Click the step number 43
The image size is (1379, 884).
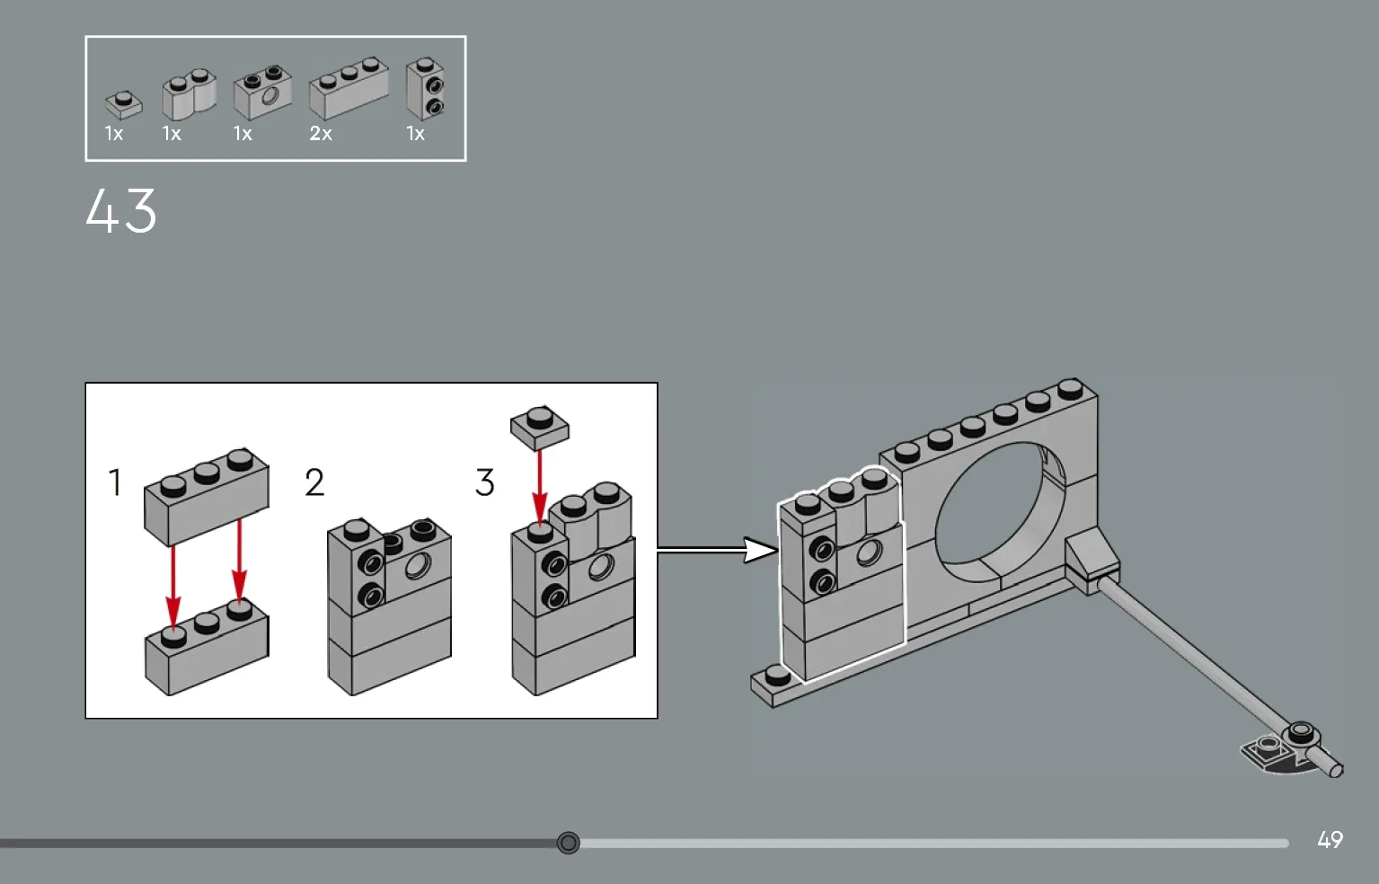[x=121, y=212]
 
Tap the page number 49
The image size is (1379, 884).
[x=1330, y=840]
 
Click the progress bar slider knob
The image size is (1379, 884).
[x=568, y=843]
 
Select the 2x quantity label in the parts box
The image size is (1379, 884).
[x=321, y=134]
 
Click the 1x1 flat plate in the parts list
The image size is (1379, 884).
[x=124, y=105]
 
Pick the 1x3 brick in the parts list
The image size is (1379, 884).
[x=349, y=88]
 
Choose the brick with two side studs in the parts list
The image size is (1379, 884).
[x=425, y=90]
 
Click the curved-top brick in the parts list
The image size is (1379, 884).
[x=189, y=95]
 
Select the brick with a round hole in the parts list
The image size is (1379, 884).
[x=262, y=93]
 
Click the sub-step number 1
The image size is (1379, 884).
[x=115, y=482]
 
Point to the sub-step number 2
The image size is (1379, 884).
[x=314, y=482]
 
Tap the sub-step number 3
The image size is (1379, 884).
[x=485, y=482]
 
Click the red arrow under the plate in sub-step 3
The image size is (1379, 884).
[x=539, y=485]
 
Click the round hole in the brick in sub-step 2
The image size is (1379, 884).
[x=417, y=566]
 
